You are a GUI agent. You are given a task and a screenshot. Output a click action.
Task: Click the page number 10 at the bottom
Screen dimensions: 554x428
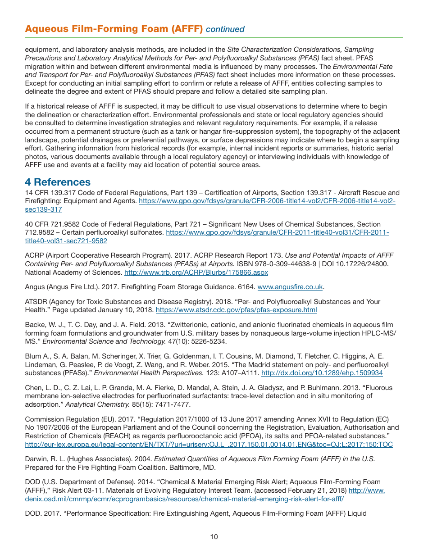(x=214, y=536)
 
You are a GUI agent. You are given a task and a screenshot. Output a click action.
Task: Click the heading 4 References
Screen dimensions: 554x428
(x=58, y=182)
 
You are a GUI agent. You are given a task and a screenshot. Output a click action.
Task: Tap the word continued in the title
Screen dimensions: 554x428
(x=225, y=29)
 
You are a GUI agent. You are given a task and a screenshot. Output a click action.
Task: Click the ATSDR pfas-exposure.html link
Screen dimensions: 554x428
(x=236, y=310)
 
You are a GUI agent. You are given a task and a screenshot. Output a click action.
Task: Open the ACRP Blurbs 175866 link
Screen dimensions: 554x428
(x=196, y=272)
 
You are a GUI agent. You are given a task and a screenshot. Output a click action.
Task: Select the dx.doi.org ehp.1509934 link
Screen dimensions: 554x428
(x=322, y=373)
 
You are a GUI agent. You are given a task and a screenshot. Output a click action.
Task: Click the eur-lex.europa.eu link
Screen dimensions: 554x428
(x=209, y=445)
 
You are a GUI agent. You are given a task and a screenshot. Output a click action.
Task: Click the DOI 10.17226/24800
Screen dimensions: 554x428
(x=358, y=264)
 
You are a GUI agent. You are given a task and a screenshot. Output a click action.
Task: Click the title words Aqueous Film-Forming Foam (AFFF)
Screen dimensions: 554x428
(x=114, y=29)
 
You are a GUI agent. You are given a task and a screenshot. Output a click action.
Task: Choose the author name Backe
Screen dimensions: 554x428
(x=35, y=325)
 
